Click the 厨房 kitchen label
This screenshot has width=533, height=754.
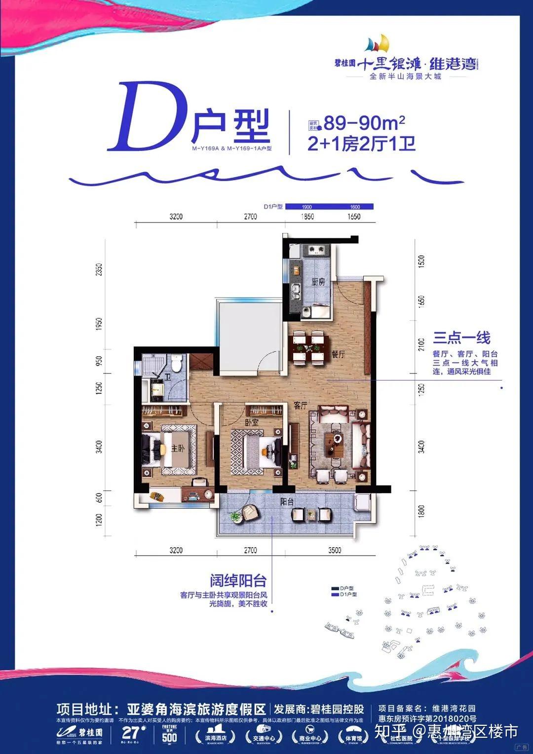click(x=318, y=282)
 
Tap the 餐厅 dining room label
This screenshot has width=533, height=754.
click(x=338, y=354)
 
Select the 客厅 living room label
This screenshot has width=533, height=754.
click(x=301, y=405)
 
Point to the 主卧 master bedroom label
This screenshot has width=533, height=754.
click(x=178, y=448)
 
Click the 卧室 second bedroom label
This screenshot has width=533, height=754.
click(x=252, y=422)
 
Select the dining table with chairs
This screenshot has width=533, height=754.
click(x=309, y=347)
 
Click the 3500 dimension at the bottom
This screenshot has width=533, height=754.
click(x=335, y=550)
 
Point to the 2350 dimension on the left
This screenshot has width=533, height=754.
click(x=100, y=269)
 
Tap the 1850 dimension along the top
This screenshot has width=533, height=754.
click(x=307, y=217)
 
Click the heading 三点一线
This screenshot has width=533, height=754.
click(x=461, y=338)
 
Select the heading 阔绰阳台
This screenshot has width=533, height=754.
click(x=238, y=580)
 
